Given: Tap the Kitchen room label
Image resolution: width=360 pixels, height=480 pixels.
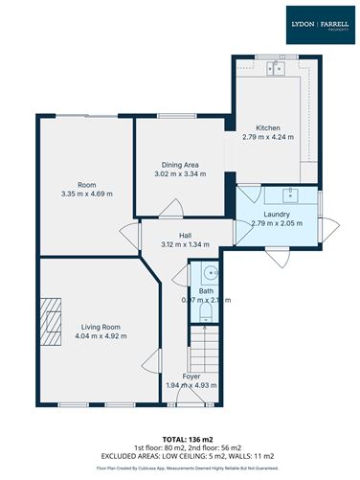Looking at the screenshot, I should coord(267,128).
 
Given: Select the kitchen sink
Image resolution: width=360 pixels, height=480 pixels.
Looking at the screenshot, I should coord(279,68).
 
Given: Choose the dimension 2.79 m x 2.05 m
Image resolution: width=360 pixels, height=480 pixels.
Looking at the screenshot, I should coord(276,223).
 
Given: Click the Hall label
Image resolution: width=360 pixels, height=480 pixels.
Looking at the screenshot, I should coord(187,234).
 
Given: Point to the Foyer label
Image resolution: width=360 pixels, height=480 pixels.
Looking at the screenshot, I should coord(191,377).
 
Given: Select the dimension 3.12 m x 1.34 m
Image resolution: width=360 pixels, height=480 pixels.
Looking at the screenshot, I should coord(187,244).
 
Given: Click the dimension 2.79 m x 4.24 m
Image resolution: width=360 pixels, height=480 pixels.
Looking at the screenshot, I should coord(267,138).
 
